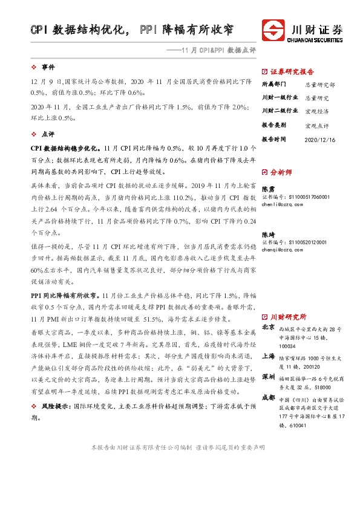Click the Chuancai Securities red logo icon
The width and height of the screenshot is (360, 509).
click(275, 30)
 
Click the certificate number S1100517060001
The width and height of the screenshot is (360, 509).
click(301, 197)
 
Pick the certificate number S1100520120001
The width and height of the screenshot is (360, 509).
click(301, 242)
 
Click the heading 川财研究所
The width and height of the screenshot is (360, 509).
click(288, 316)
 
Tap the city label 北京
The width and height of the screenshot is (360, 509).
click(267, 327)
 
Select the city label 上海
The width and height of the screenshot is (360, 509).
click(267, 357)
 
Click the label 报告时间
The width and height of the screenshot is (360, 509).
click(273, 139)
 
